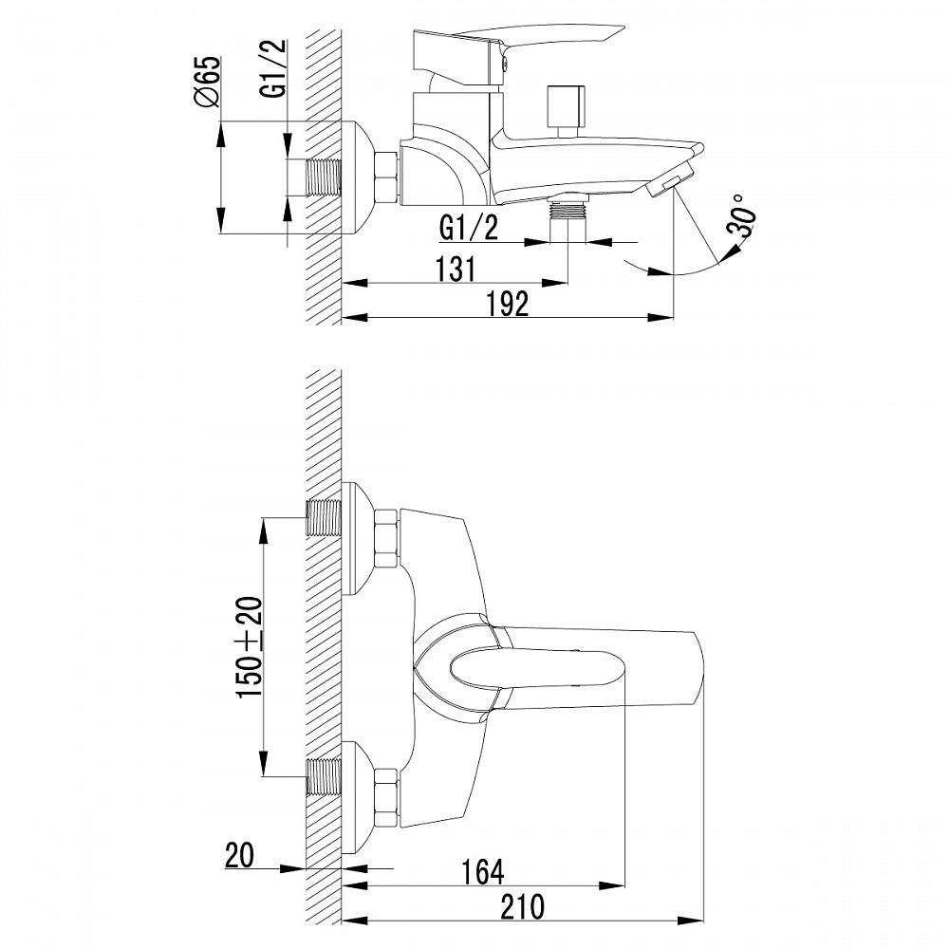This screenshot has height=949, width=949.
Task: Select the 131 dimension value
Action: coord(456,269)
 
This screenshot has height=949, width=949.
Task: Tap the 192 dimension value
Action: coord(507,304)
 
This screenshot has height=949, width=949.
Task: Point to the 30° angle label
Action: coord(743,216)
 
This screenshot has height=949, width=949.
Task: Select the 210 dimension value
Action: coord(522,906)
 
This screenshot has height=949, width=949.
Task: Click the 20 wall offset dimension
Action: coord(239,856)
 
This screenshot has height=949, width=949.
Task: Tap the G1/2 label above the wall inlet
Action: coord(274,76)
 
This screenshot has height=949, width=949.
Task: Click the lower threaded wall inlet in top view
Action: coord(324,777)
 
